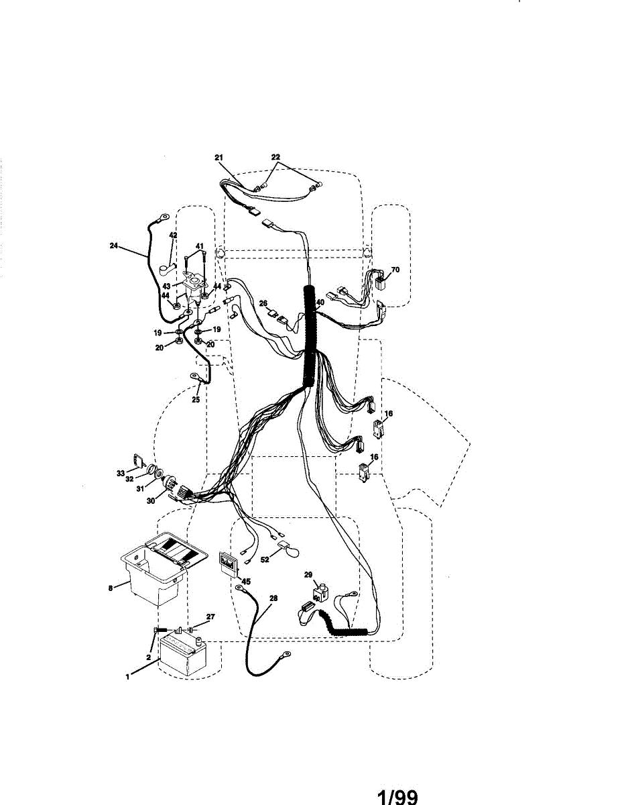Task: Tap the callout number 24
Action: pos(114,246)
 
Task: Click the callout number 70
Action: pos(395,270)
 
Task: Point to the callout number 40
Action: pos(320,303)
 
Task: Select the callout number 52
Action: pos(265,559)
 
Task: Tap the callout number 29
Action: pos(308,575)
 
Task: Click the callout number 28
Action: pos(273,597)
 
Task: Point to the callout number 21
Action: pos(219,157)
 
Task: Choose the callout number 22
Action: pos(275,157)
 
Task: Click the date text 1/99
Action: pos(397,796)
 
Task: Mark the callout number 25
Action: pos(196,400)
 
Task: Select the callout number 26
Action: pos(263,303)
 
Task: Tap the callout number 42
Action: pos(173,235)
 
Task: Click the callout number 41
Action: pos(199,246)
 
